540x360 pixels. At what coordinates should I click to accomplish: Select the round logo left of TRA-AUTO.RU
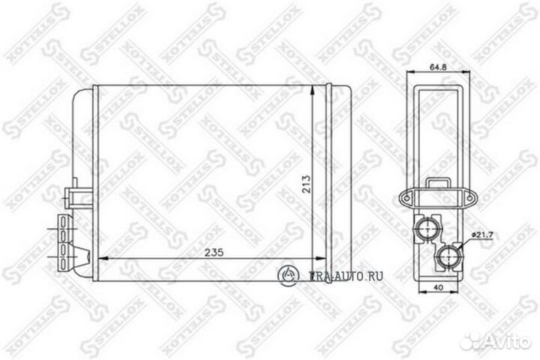(x=289, y=274)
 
